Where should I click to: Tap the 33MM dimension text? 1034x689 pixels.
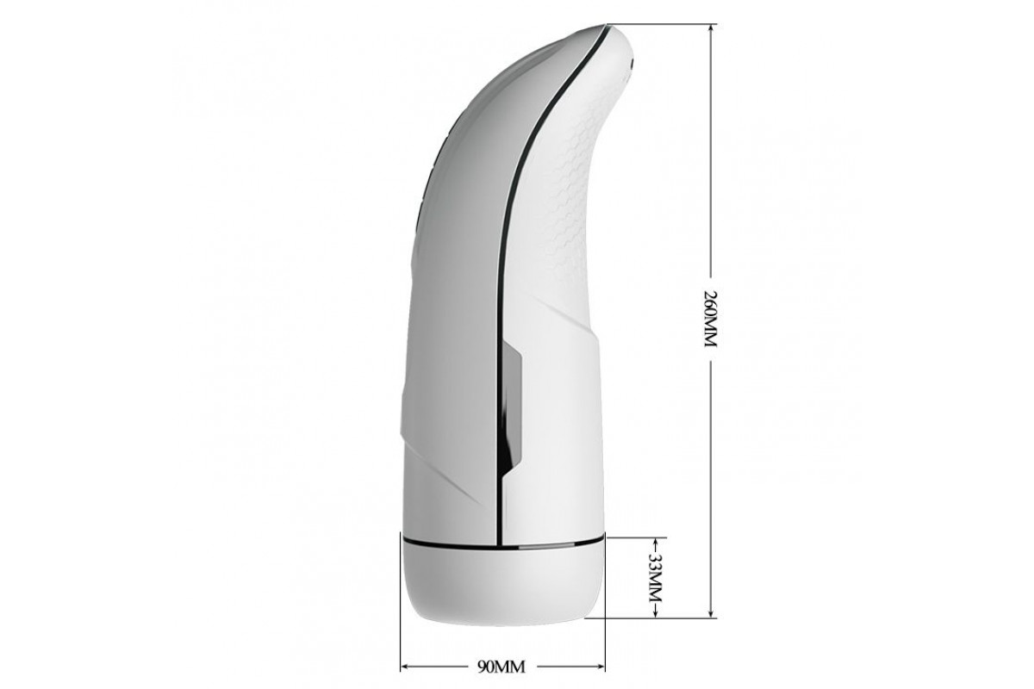tap(656, 577)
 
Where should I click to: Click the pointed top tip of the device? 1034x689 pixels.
tap(605, 25)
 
